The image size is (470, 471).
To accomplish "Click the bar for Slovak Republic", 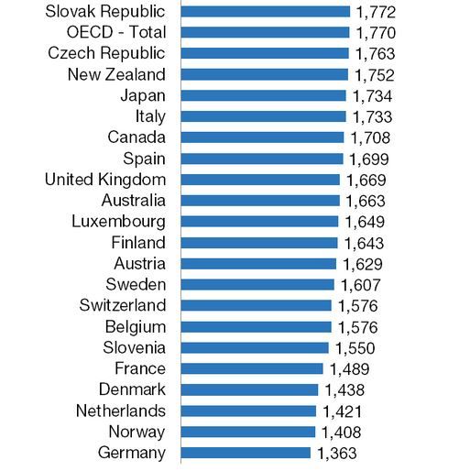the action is (265, 12).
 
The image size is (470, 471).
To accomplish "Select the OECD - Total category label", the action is (116, 32).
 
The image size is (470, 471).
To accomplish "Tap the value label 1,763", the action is (376, 54).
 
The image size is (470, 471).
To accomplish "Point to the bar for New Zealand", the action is (264, 74).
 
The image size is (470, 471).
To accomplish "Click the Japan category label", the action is (143, 95).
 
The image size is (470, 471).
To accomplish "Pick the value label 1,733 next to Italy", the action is (372, 117).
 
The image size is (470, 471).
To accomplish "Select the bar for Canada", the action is (262, 137).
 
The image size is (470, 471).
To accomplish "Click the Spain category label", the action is (144, 159).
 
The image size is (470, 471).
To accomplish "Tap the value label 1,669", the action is (366, 181).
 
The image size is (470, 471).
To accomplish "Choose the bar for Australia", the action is (260, 201).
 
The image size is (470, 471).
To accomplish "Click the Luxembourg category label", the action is (118, 222).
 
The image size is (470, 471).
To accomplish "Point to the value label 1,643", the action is (364, 244).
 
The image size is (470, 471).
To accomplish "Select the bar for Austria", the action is (258, 264).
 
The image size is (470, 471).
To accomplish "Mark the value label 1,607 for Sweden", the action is (360, 285).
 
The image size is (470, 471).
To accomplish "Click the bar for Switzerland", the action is (256, 305).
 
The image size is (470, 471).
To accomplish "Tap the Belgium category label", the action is (136, 327).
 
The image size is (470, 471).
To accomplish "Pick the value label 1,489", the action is (350, 369).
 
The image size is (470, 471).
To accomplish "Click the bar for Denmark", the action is (249, 389).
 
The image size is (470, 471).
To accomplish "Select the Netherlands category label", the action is (121, 411).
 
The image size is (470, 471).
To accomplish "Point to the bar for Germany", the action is (246, 453).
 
